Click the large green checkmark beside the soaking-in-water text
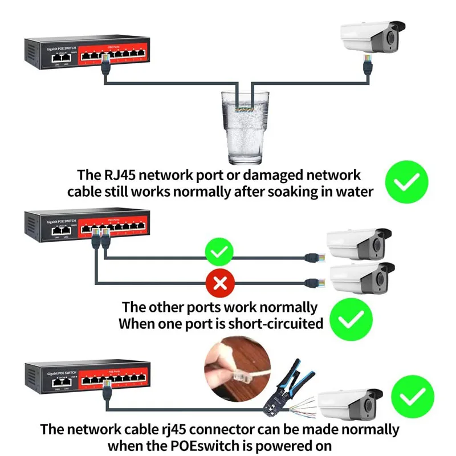[406, 182]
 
